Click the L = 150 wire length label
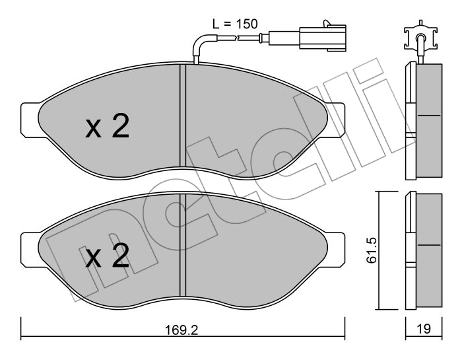pos(234,24)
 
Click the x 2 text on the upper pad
pos(107,127)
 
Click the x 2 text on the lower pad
pos(107,256)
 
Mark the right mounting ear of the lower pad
pos(336,246)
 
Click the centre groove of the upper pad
pos(183,116)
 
